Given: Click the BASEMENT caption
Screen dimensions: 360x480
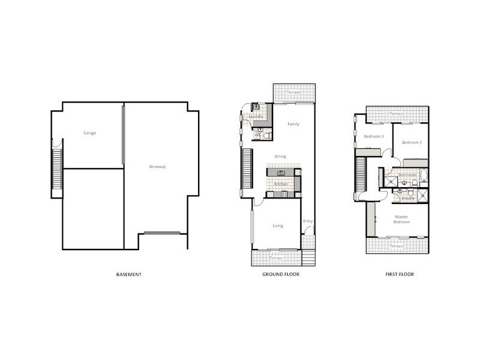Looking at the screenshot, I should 128,274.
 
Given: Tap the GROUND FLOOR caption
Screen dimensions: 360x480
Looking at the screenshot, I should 280,274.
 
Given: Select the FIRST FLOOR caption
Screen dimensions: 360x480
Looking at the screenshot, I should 399,274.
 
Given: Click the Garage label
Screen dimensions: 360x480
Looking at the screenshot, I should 89,133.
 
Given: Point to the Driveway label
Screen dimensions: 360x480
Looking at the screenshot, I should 158,166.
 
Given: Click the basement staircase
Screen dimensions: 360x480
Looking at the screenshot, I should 58,171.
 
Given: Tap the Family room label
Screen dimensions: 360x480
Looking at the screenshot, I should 293,124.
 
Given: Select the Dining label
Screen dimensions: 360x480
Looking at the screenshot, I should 280,156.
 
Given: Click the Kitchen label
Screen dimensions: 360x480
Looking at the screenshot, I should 281,184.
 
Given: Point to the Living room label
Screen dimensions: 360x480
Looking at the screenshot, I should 278,226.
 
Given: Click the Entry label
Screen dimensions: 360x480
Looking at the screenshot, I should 308,221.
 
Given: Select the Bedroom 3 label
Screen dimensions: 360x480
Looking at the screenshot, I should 374,136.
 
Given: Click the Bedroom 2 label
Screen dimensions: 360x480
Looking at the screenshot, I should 412,142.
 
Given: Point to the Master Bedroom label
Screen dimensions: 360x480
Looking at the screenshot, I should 401,219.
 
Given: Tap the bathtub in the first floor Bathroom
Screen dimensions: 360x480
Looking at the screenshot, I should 423,176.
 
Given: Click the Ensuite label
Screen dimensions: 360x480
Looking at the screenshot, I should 408,197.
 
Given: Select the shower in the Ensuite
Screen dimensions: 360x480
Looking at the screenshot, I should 423,194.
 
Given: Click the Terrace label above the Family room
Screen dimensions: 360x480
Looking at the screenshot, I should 293,93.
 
